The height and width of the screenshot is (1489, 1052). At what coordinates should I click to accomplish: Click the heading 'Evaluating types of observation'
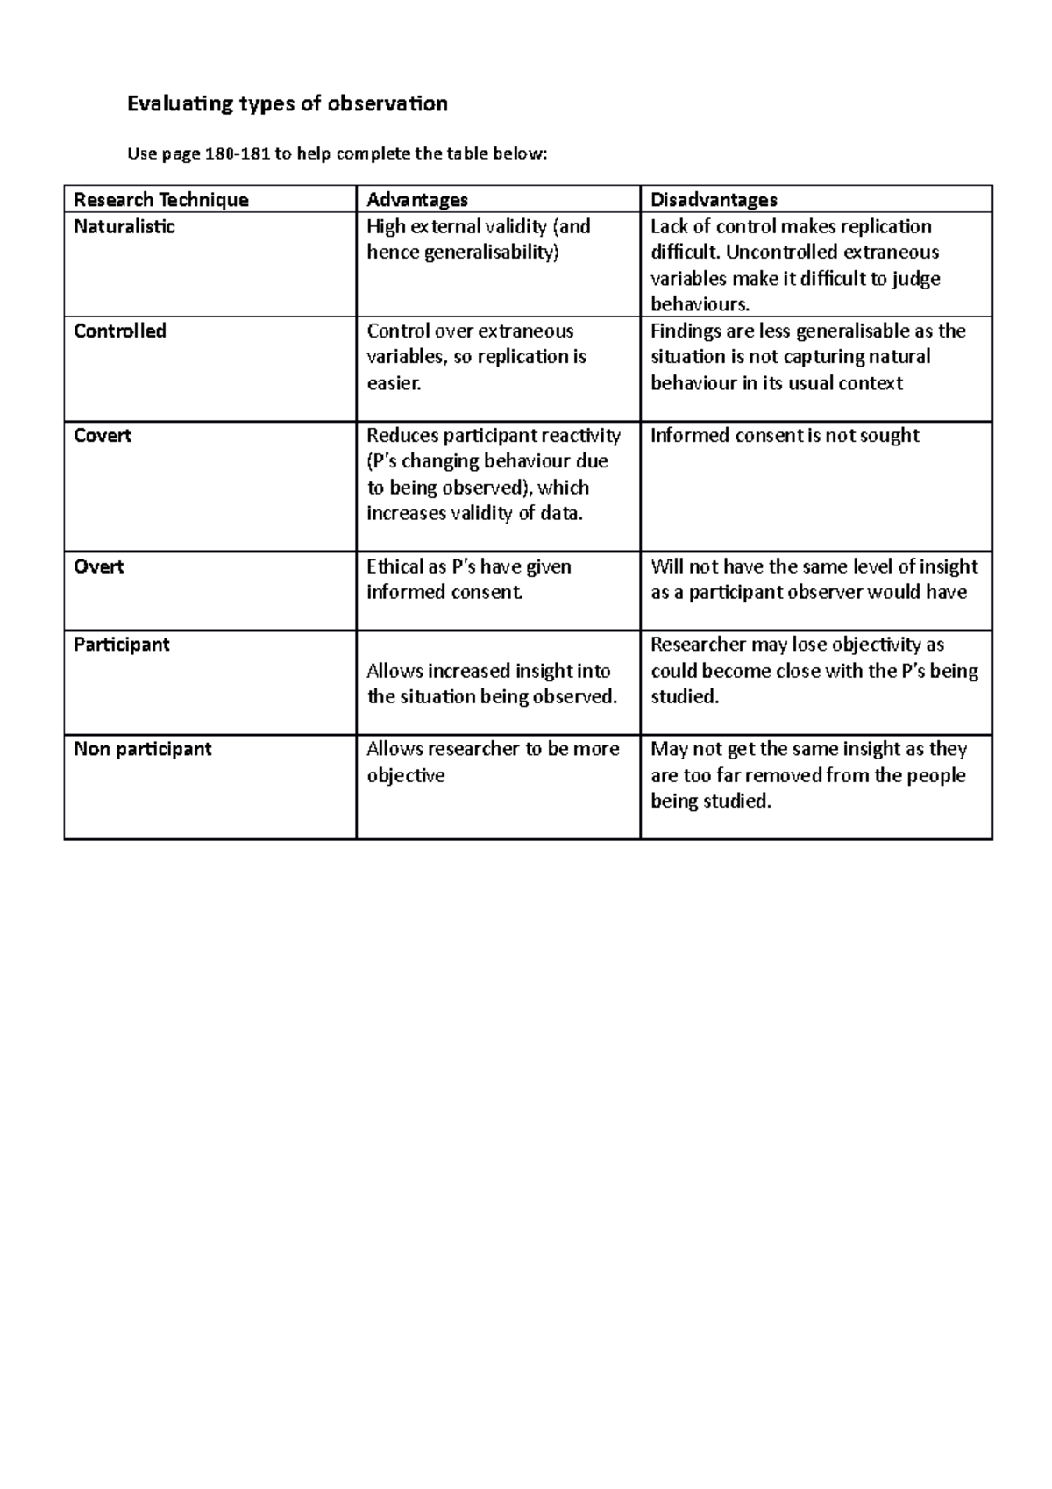pyautogui.click(x=288, y=104)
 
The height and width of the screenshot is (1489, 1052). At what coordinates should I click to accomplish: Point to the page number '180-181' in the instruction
pyautogui.click(x=237, y=154)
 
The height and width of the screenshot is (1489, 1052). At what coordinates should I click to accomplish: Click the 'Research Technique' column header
pyautogui.click(x=161, y=200)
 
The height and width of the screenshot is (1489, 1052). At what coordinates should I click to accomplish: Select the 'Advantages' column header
pyautogui.click(x=416, y=200)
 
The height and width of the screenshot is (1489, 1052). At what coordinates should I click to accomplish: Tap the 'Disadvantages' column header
pyautogui.click(x=714, y=200)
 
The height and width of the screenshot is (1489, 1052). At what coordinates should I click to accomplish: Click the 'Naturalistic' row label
pyautogui.click(x=124, y=226)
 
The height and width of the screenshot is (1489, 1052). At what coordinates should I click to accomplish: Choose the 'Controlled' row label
pyautogui.click(x=120, y=331)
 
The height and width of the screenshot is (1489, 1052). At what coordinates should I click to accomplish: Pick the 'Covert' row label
pyautogui.click(x=103, y=435)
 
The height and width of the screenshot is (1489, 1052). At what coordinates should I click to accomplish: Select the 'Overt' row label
pyautogui.click(x=98, y=566)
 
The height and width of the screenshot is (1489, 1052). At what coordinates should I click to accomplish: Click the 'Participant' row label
pyautogui.click(x=122, y=644)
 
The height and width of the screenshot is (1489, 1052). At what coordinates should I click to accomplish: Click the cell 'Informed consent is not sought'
pyautogui.click(x=785, y=435)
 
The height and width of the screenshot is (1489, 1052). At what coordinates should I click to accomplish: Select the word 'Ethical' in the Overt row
pyautogui.click(x=394, y=566)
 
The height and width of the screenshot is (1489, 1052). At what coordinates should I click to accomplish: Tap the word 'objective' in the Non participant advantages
pyautogui.click(x=406, y=775)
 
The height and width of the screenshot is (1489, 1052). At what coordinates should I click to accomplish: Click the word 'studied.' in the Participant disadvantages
pyautogui.click(x=685, y=696)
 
